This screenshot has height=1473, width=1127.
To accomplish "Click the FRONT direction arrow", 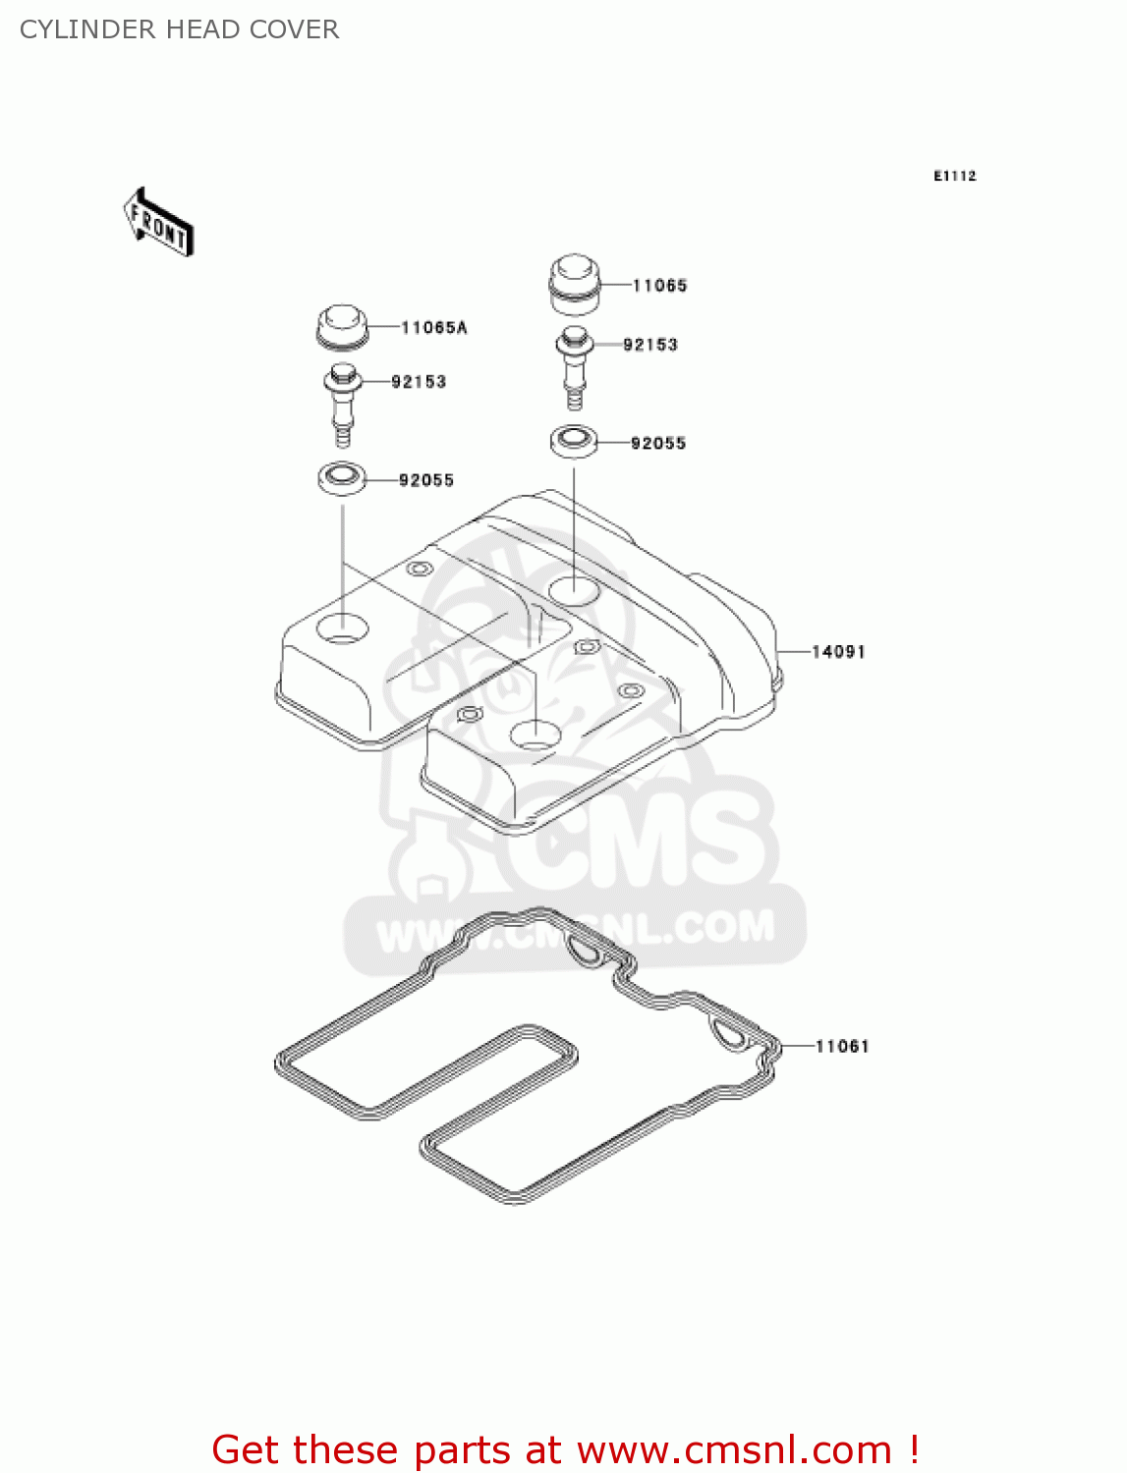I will tap(158, 222).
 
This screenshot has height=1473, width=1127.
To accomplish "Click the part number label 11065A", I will tap(433, 328).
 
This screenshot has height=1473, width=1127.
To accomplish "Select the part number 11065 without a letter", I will tap(659, 286).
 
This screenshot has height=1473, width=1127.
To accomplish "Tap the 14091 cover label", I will tap(838, 652).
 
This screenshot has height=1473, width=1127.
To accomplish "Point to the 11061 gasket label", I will tap(842, 1047).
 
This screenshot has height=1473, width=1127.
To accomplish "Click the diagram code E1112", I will tap(954, 176).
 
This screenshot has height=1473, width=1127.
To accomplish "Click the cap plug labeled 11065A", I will tap(342, 325).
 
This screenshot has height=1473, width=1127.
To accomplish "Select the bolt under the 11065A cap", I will tap(343, 403).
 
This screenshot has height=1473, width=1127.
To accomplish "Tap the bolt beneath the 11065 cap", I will tap(575, 365).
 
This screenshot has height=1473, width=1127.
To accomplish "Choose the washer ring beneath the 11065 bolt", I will tap(574, 441).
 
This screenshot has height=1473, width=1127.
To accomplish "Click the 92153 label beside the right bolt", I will tap(650, 345).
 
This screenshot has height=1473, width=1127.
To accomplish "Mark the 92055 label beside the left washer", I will tap(425, 480).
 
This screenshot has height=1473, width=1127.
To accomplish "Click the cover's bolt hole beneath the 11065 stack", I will tap(574, 590).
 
